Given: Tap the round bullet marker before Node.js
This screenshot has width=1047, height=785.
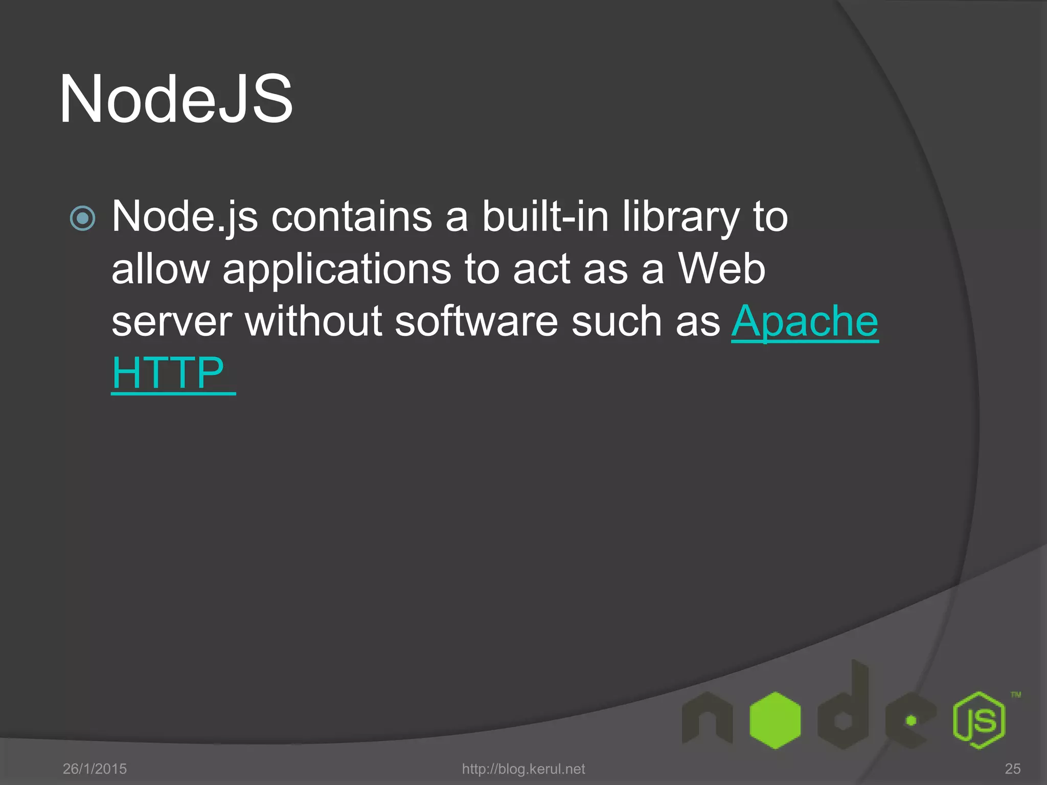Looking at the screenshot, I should (x=82, y=218).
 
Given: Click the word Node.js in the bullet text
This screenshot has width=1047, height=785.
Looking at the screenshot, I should (x=185, y=217).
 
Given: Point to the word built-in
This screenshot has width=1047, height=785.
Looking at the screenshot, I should (x=545, y=217).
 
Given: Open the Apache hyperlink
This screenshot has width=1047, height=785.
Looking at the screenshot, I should (x=805, y=322).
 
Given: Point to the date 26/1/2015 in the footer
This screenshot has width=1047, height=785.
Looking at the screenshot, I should (x=95, y=769).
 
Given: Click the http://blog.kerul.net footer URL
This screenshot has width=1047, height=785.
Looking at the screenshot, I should (x=523, y=769).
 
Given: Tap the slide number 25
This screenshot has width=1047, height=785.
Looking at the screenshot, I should (x=1012, y=769).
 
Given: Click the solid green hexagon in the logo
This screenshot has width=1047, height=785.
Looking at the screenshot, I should (x=775, y=720).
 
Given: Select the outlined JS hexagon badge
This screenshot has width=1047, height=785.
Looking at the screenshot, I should (x=978, y=720).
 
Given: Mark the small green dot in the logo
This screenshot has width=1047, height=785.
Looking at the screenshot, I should (x=911, y=721).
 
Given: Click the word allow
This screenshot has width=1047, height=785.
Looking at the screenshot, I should (x=161, y=270).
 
